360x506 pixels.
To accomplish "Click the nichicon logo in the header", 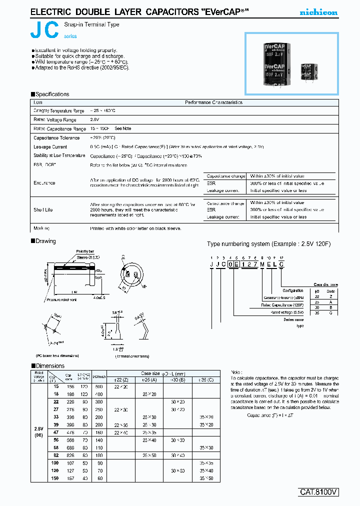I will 318,12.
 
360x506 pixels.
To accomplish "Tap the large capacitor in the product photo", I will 274,64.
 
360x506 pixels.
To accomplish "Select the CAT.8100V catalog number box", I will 319,492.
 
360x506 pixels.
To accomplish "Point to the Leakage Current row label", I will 50,147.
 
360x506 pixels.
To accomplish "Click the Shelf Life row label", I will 43,210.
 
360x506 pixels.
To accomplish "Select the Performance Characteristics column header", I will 213,102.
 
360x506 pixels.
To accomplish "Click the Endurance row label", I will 44,183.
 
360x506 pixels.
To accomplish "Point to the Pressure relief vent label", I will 62,299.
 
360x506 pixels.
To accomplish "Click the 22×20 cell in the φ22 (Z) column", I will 120,387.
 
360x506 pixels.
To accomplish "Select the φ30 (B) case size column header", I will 177,380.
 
